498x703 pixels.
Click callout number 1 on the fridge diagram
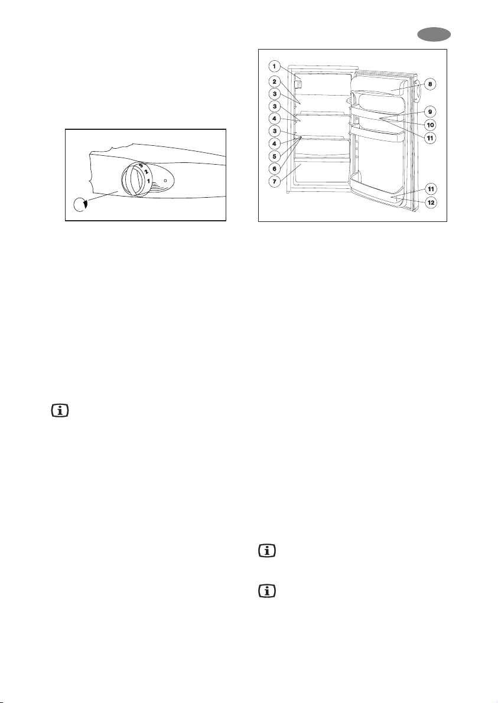point(275,66)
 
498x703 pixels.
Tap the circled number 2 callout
point(275,81)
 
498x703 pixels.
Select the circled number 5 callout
point(275,156)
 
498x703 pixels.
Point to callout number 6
point(275,168)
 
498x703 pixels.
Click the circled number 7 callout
point(275,181)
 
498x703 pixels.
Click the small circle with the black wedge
point(79,205)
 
